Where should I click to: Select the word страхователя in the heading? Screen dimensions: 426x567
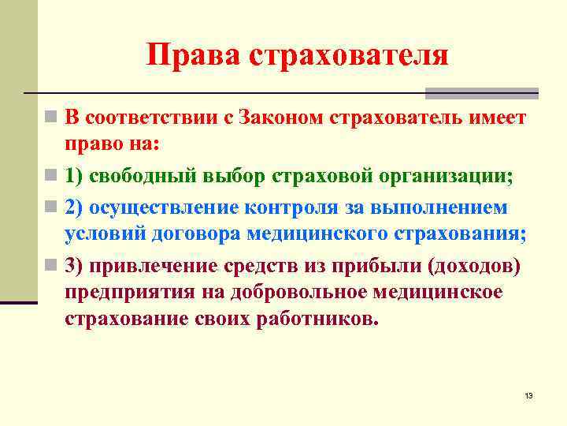pyautogui.click(x=349, y=55)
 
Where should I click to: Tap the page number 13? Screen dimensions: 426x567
pyautogui.click(x=528, y=395)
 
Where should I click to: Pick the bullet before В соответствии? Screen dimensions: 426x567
pyautogui.click(x=50, y=119)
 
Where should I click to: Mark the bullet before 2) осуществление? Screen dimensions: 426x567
pyautogui.click(x=50, y=207)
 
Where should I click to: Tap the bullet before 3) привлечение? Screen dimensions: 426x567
pyautogui.click(x=50, y=265)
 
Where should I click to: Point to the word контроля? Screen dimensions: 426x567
pyautogui.click(x=291, y=207)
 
